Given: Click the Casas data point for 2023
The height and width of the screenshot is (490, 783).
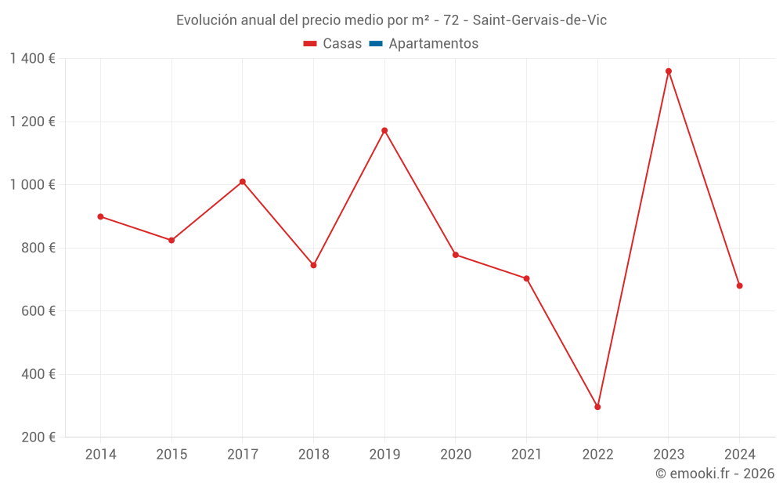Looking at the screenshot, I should tap(668, 71).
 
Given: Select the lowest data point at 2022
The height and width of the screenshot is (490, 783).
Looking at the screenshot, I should tap(597, 407).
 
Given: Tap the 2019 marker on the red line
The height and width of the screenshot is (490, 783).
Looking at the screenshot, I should tap(384, 130).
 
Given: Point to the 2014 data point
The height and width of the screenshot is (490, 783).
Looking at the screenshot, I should tap(100, 216).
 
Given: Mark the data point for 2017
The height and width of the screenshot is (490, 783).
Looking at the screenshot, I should tap(243, 182).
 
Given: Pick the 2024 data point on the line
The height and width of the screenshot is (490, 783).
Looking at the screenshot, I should tap(739, 285).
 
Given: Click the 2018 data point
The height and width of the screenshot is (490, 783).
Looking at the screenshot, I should tap(313, 265).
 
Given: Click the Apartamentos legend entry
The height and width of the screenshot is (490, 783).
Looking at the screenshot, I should tap(433, 44).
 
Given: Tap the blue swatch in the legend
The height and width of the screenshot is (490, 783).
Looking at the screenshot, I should tap(375, 44).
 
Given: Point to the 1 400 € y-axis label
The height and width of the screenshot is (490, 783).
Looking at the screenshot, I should tap(32, 59).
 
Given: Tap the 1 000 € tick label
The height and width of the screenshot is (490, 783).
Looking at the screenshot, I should tap(32, 185).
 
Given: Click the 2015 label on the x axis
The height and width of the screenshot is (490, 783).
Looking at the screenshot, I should tap(171, 455).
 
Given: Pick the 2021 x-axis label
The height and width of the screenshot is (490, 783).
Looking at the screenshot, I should tap(526, 455).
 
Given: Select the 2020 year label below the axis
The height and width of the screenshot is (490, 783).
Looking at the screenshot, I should tap(456, 455).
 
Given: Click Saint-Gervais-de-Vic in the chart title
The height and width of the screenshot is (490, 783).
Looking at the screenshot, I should tap(539, 20).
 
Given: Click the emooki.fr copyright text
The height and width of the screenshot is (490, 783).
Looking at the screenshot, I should tap(715, 474).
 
